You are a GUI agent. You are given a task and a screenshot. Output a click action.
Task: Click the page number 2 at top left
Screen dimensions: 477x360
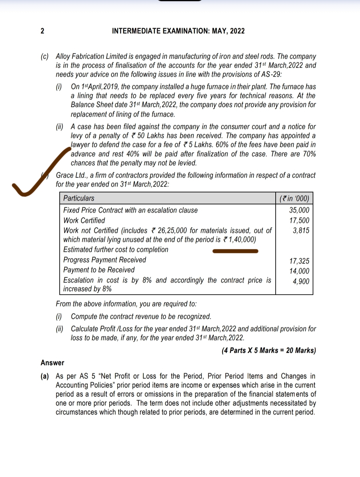(42, 31)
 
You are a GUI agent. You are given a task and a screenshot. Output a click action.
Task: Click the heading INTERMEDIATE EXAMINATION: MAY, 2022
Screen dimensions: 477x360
(178, 31)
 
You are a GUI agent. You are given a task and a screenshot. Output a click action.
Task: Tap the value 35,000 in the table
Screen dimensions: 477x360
(299, 210)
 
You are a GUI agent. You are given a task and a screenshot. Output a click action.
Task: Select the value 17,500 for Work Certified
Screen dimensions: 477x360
(299, 221)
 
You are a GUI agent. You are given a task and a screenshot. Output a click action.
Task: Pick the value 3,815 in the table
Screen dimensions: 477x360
(301, 231)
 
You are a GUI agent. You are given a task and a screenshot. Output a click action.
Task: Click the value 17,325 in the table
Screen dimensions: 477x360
(299, 261)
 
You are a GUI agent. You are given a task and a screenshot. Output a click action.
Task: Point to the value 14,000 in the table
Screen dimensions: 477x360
(299, 271)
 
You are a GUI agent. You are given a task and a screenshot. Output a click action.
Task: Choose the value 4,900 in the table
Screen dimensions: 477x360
(301, 281)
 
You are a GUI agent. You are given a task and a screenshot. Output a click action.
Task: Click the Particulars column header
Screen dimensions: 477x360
(79, 198)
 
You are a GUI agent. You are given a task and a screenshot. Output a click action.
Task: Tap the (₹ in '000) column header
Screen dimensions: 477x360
(294, 199)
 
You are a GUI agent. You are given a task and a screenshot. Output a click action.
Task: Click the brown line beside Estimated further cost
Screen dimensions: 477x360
(235, 251)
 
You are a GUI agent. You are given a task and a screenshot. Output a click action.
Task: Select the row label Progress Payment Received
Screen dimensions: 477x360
(105, 260)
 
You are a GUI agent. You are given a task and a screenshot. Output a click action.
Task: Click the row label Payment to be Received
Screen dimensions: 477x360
(99, 270)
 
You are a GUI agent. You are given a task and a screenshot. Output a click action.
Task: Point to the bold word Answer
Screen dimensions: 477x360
(52, 363)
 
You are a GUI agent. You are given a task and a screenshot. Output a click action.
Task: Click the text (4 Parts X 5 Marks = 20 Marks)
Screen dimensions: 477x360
(269, 350)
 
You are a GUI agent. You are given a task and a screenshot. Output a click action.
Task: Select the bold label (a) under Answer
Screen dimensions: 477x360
(45, 376)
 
